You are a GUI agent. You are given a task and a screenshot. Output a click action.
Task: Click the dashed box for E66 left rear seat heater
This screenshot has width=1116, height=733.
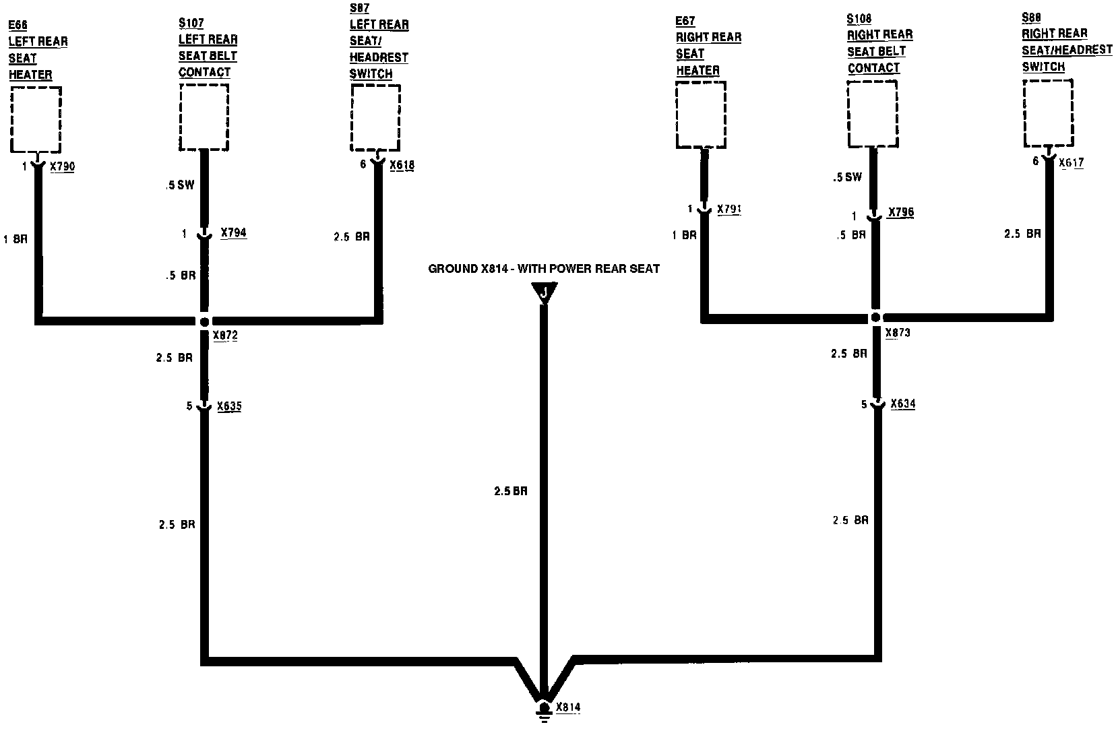tap(36, 119)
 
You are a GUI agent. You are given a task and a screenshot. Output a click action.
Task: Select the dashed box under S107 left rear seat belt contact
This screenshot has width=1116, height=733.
tap(204, 117)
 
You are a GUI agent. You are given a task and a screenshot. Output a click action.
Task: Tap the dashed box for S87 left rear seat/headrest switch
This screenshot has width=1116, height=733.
tap(375, 118)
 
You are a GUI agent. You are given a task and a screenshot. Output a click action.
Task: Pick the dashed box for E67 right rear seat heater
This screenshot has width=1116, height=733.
tap(701, 115)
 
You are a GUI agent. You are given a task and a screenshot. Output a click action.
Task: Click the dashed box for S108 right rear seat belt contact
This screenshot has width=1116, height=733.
tap(872, 113)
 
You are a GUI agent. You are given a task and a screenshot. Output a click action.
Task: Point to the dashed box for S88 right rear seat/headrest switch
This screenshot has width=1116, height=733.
tap(1048, 113)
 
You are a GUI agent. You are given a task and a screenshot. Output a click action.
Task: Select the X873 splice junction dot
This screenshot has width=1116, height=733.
tap(875, 317)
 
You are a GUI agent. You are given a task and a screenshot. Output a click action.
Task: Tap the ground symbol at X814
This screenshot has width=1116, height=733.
tap(544, 711)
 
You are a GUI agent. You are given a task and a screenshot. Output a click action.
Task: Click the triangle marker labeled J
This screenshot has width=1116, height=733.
tap(544, 292)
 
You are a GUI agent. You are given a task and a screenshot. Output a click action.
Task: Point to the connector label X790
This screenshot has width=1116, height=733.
tap(62, 166)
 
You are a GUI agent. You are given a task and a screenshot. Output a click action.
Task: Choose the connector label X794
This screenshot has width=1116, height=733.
tap(233, 233)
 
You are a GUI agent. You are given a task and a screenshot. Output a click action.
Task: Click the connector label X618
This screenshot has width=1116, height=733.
tap(402, 164)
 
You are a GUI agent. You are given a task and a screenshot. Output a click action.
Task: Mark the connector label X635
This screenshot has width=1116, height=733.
tap(229, 406)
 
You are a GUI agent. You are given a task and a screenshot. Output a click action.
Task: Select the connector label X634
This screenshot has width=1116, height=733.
tap(902, 404)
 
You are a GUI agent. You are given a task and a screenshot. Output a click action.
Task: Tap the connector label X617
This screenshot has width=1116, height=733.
tap(1071, 162)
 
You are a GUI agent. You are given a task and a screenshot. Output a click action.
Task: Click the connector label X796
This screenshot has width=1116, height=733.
tap(900, 213)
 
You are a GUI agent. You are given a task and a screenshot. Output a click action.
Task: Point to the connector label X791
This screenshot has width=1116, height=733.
tap(729, 210)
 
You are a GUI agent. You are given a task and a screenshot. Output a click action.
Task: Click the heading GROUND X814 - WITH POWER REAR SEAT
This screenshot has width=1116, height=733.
tap(544, 269)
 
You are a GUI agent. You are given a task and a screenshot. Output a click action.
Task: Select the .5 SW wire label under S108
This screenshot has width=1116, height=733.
tap(847, 178)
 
